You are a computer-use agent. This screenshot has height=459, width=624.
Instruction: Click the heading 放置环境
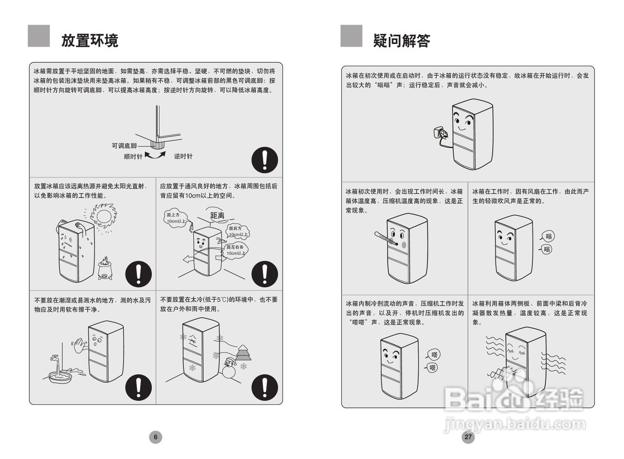(90, 40)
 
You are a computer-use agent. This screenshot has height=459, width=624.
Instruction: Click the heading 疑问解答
(402, 40)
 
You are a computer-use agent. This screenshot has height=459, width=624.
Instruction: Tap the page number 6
(156, 437)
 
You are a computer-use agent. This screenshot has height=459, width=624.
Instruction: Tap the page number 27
(468, 437)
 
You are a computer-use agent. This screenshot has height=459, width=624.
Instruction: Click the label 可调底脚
(124, 146)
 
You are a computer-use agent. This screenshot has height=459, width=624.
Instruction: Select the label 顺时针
(133, 156)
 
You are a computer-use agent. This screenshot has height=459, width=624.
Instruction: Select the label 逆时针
(183, 156)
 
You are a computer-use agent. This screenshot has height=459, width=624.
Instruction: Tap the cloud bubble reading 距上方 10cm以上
(174, 218)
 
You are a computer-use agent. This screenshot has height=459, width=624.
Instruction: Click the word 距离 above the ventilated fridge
(217, 215)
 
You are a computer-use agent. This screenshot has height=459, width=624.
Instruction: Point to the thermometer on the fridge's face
(386, 238)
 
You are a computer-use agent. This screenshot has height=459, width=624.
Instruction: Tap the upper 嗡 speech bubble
(548, 237)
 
